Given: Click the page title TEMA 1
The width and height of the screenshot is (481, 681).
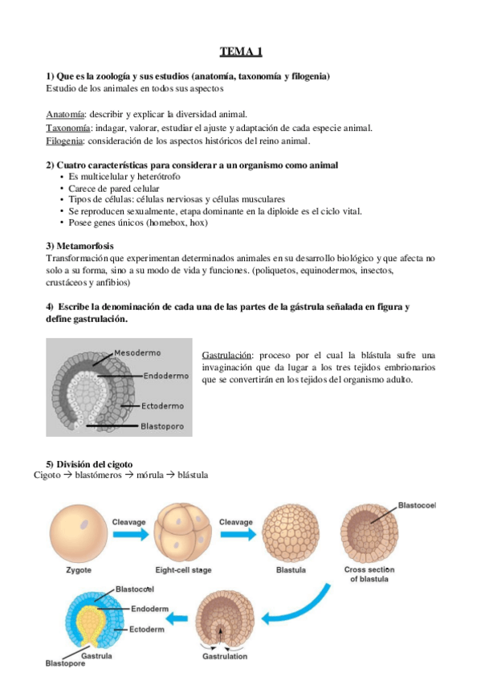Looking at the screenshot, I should (x=241, y=53).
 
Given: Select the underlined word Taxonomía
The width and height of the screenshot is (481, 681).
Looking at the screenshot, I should (x=68, y=128).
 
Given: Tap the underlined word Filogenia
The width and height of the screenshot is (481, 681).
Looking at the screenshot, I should (x=65, y=141).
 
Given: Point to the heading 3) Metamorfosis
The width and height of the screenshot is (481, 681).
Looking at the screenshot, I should (x=79, y=245).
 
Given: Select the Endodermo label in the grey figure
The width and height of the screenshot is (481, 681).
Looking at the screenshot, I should (x=167, y=375).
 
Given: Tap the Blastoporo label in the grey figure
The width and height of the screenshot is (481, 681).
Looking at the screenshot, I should (x=163, y=426).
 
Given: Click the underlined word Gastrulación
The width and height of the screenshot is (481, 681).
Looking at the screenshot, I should (x=228, y=354).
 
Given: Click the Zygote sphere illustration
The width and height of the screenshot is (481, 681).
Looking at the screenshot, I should (x=78, y=535).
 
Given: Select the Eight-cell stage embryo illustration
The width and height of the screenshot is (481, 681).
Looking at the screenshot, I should (x=182, y=533).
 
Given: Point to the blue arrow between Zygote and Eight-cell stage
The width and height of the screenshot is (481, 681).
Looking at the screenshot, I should (x=129, y=532).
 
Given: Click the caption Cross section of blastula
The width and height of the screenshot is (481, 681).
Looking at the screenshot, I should (x=366, y=574).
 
